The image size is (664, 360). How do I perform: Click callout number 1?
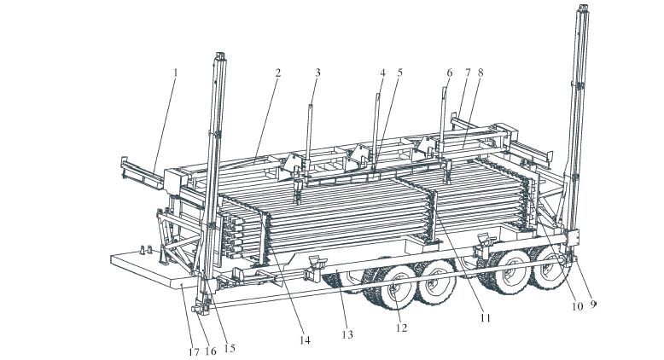pos(175,73)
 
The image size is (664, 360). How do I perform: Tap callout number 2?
pos(277,73)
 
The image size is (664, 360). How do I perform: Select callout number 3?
pos(317,73)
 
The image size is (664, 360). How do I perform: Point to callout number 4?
pos(383,73)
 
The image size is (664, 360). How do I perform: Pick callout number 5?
pos(399,73)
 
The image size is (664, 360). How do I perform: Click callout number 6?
pos(449,73)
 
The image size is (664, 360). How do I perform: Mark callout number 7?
pos(468,73)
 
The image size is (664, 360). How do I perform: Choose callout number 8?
pos(481,73)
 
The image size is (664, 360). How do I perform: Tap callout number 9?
pos(593,305)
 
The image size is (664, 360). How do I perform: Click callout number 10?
pos(577,306)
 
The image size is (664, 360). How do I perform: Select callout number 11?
pos(485,317)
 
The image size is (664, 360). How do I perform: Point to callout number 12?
pos(401,328)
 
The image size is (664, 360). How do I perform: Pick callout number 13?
pos(347,334)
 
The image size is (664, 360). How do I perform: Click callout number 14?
pos(305,340)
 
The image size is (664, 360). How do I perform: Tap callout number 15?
pos(229,348)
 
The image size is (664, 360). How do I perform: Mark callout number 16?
pos(211,351)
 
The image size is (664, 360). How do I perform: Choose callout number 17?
pos(194,351)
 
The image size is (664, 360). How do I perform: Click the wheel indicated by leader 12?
pos(395,287)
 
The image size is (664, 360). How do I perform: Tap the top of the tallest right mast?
pos(584,6)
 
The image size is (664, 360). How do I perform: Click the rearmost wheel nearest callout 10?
pos(550,268)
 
